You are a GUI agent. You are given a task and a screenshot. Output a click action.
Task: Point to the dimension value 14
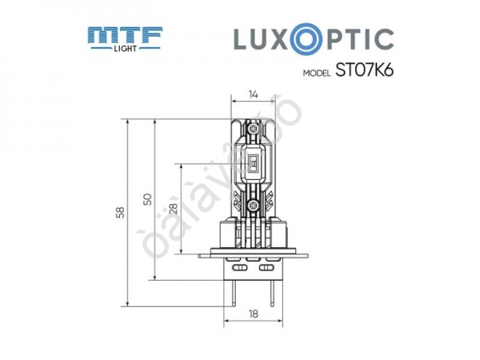coord(253,95)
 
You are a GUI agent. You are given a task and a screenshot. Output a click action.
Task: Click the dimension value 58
coord(120,212)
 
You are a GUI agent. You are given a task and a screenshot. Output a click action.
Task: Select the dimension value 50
coord(146,199)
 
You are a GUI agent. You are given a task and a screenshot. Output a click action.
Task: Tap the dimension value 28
coord(173,209)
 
